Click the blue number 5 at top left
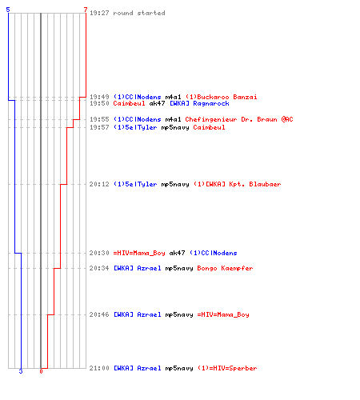point(8,10)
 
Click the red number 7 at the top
point(86,10)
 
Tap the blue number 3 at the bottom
point(21,371)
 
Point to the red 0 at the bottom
point(41,371)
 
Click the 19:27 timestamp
point(99,13)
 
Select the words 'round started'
point(139,13)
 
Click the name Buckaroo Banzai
point(227,97)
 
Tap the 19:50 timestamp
point(99,103)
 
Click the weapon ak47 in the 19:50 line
point(157,103)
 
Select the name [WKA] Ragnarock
point(199,103)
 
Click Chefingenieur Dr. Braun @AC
point(239,119)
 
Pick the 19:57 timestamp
point(99,127)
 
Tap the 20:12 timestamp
point(99,184)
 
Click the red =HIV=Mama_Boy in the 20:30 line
point(139,253)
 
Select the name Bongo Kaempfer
point(225,268)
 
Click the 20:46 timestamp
point(99,314)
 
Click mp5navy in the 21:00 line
point(179,369)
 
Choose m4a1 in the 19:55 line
point(173,119)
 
